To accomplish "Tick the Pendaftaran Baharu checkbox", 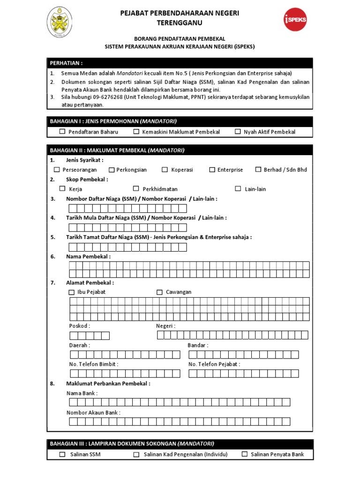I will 62,132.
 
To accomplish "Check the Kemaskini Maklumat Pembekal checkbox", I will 136,132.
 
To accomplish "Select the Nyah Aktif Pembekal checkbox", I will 238,132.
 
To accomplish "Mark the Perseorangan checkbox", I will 57,170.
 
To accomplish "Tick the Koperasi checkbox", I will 165,170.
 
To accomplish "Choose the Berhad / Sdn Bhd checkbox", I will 258,170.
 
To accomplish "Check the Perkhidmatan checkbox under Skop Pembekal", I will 136,188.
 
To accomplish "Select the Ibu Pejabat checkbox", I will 72,292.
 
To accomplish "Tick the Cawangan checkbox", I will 160,292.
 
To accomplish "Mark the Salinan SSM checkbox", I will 62,454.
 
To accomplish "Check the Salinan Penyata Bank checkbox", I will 244,454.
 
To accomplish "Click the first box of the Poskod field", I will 74,335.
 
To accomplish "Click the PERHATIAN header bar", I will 180,63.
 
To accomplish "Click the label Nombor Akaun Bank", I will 93,412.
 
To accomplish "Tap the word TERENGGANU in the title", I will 180,22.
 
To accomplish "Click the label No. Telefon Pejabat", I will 214,364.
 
